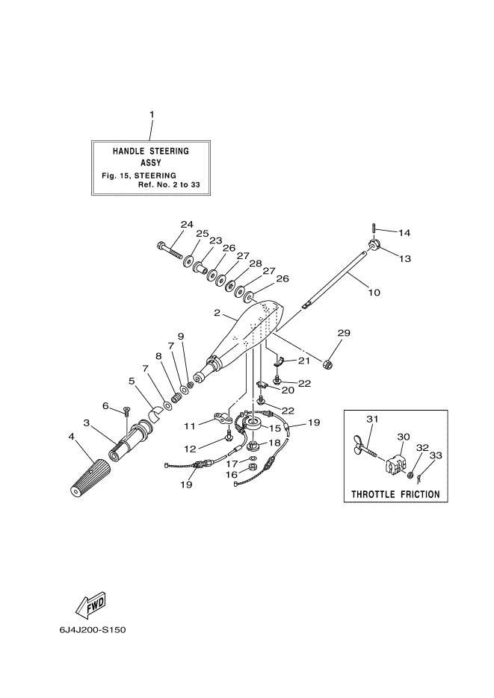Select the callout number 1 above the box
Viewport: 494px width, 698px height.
152,114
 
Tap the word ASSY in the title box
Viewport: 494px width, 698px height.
150,163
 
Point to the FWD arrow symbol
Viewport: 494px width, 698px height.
90,605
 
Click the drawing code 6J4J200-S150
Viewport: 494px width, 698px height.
92,629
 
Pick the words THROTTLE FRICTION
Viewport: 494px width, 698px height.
395,494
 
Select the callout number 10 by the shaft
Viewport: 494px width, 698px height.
374,292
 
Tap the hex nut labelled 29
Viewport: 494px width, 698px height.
328,364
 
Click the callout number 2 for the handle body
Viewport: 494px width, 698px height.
217,313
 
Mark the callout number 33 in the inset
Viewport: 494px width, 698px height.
436,455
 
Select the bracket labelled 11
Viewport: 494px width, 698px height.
222,419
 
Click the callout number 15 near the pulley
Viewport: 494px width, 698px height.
275,429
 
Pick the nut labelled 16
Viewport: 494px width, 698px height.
252,467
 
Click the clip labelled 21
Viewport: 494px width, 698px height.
279,361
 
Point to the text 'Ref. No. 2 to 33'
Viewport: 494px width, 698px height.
169,184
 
